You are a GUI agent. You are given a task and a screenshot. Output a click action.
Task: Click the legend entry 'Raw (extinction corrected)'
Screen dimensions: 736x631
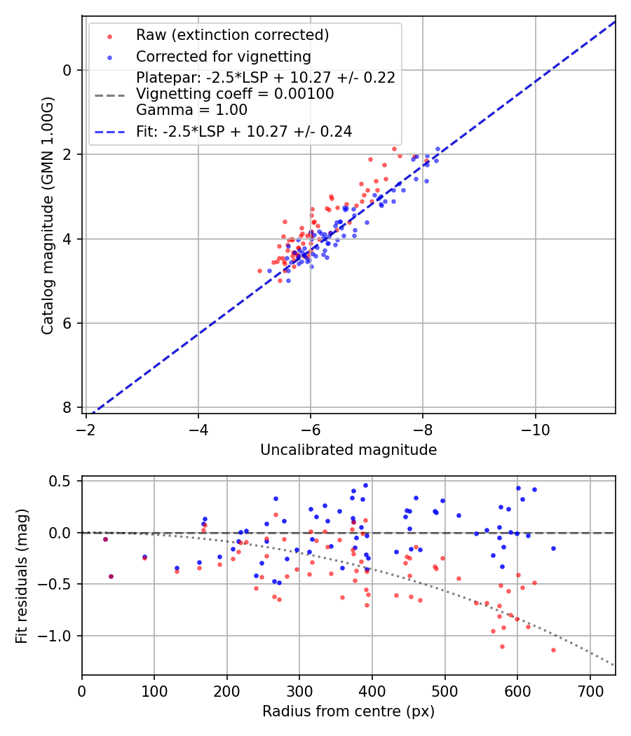232,35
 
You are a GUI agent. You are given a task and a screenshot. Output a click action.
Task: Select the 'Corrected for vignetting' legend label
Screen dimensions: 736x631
223,56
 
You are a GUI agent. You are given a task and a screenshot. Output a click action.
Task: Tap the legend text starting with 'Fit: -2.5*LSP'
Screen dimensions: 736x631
244,131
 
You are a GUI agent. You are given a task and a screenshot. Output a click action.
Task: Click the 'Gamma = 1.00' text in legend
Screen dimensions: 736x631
191,110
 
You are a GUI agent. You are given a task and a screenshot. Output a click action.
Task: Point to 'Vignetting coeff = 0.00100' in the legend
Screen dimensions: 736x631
235,94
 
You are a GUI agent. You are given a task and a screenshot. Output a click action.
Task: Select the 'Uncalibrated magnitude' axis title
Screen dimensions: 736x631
348,450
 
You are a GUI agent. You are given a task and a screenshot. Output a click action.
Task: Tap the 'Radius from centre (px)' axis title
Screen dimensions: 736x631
348,711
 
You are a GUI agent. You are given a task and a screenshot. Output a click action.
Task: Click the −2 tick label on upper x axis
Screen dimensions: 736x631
86,428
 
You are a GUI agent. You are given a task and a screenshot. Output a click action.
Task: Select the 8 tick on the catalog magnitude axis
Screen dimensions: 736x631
67,407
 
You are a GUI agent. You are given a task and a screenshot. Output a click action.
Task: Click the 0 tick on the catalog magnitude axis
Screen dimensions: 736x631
67,69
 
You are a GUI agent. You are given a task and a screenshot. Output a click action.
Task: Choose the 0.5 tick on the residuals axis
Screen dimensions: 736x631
65,481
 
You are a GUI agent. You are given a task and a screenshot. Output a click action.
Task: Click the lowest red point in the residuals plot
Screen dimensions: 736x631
553,650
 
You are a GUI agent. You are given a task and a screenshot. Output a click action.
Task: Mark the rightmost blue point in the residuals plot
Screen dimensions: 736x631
553,548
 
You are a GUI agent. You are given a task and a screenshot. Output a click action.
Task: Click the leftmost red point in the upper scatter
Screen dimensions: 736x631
259,271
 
